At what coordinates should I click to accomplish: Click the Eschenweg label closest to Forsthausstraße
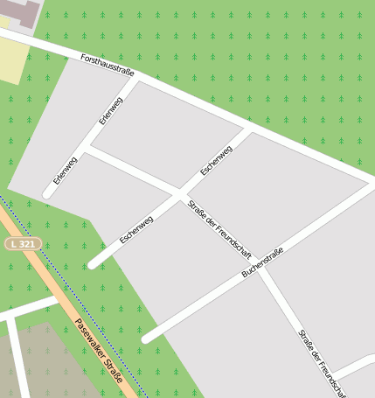216,160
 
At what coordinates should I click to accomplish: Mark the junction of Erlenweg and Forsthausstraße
138,80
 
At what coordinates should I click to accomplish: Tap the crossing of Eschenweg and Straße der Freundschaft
180,192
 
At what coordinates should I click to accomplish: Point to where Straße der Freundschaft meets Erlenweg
88,149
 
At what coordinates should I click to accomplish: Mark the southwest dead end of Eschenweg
93,263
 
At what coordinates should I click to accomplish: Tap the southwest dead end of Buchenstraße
146,338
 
